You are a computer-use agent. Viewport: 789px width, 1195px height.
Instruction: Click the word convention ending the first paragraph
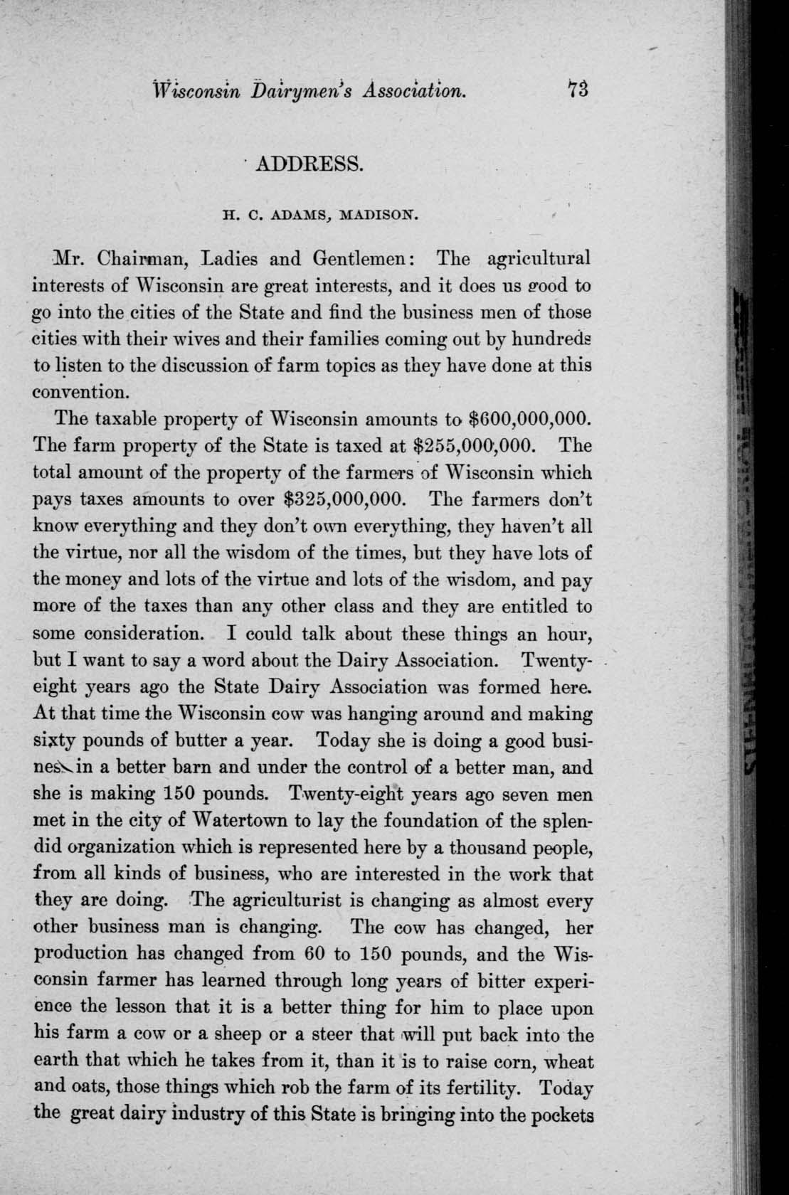point(80,392)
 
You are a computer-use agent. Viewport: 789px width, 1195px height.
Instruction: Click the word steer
point(334,1034)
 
